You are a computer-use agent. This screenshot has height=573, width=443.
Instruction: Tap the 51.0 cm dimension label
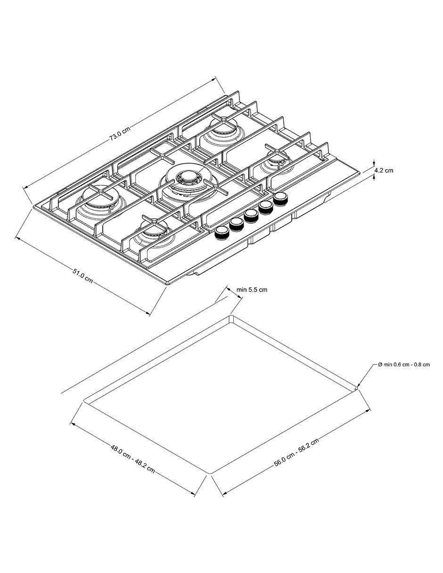coord(82,276)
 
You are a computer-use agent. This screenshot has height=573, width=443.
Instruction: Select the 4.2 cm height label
coord(384,170)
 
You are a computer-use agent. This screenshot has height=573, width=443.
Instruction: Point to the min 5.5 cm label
coord(252,290)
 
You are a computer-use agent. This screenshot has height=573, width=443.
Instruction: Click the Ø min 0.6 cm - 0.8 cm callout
coord(404,365)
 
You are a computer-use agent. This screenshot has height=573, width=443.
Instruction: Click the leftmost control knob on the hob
coord(222,233)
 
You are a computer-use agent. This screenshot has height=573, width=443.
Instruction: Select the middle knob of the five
coord(251,216)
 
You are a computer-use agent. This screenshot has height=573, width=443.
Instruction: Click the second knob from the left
coord(237,224)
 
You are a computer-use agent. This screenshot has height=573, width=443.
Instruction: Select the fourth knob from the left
coord(266,207)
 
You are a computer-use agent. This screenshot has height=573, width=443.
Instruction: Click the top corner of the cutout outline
coord(231,316)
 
